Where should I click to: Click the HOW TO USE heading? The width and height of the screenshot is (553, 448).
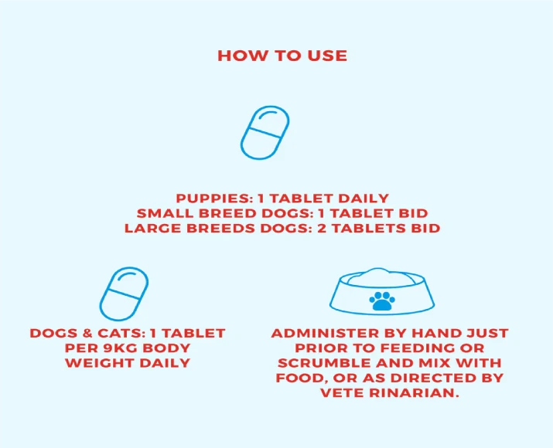pyautogui.click(x=282, y=56)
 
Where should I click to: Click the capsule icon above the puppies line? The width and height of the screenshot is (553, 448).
pyautogui.click(x=265, y=132)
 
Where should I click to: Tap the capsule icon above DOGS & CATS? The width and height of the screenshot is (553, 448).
pyautogui.click(x=124, y=294)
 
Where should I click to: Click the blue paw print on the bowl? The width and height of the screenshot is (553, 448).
pyautogui.click(x=382, y=300)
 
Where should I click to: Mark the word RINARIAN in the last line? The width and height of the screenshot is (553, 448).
pyautogui.click(x=414, y=393)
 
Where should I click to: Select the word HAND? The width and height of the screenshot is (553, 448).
pyautogui.click(x=437, y=333)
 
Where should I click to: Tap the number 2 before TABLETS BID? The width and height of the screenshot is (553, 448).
pyautogui.click(x=322, y=228)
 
